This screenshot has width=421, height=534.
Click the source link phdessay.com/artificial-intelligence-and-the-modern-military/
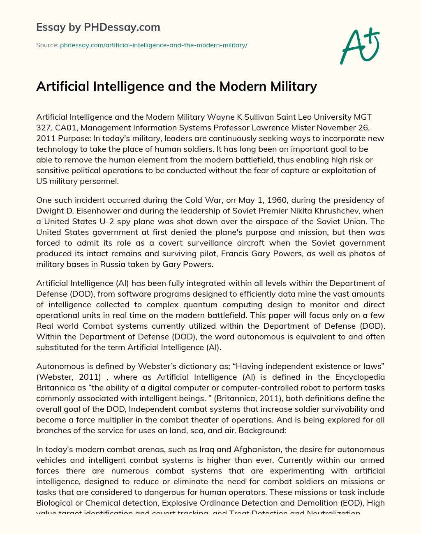(x=153, y=45)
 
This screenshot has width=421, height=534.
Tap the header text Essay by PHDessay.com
(x=98, y=27)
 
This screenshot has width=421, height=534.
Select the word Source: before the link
(x=47, y=45)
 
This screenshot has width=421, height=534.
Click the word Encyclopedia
(x=360, y=377)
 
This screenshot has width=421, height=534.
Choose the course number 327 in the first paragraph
(x=43, y=128)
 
